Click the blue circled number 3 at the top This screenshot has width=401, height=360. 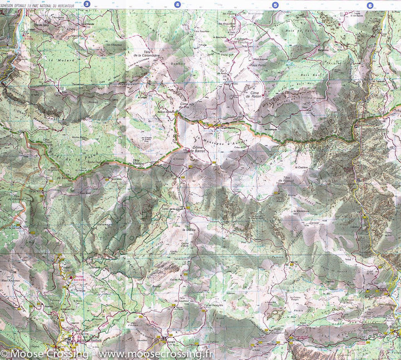click(x=86, y=4)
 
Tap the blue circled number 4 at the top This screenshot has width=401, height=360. click(x=178, y=4)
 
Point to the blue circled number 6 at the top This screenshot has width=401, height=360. click(x=370, y=5)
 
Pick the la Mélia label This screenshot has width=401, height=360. click(x=187, y=230)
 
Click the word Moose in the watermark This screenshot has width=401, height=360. click(x=26, y=354)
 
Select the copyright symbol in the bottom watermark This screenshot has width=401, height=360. click(x=4, y=354)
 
